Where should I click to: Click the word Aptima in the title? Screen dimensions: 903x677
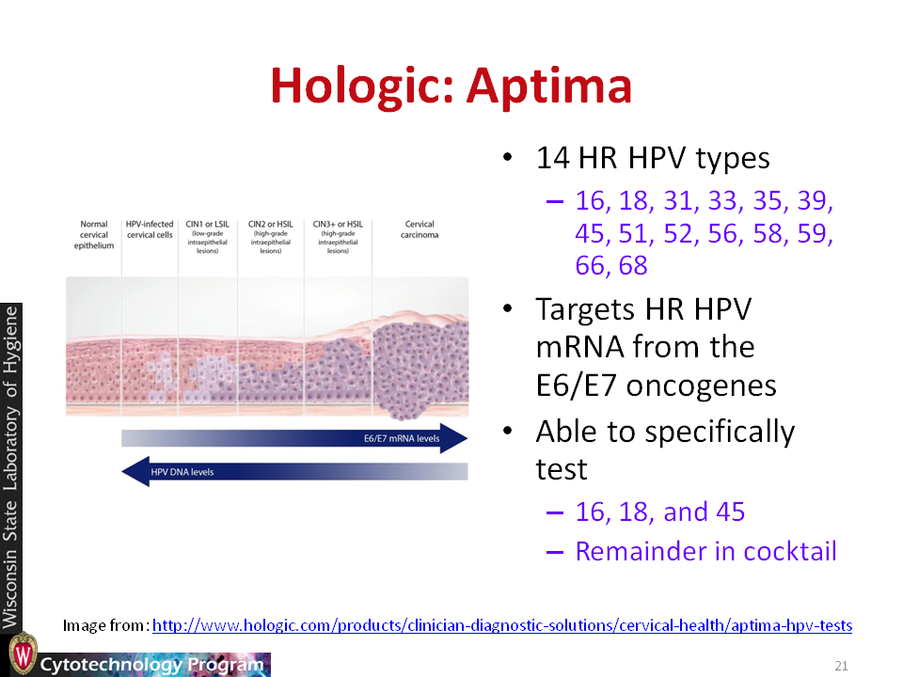point(549,87)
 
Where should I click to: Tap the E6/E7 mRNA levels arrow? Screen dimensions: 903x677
point(294,438)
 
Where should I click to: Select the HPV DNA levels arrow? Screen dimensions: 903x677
point(294,471)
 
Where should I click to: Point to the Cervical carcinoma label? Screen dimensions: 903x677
point(420,229)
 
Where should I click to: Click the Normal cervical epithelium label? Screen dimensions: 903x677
point(94,235)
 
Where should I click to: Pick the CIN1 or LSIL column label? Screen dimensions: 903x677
point(207,237)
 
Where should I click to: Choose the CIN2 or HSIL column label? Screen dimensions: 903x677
point(271,237)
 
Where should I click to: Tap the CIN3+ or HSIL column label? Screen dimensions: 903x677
point(338,237)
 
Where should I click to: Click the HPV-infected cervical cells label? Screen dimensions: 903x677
point(150,229)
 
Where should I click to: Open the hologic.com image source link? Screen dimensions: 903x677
point(502,625)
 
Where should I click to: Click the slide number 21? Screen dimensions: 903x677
point(841,666)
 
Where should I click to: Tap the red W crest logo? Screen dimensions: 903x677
point(24,654)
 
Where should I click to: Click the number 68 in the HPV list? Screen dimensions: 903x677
point(633,266)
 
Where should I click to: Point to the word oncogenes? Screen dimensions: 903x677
point(702,386)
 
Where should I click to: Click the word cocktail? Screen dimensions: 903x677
point(789,551)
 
